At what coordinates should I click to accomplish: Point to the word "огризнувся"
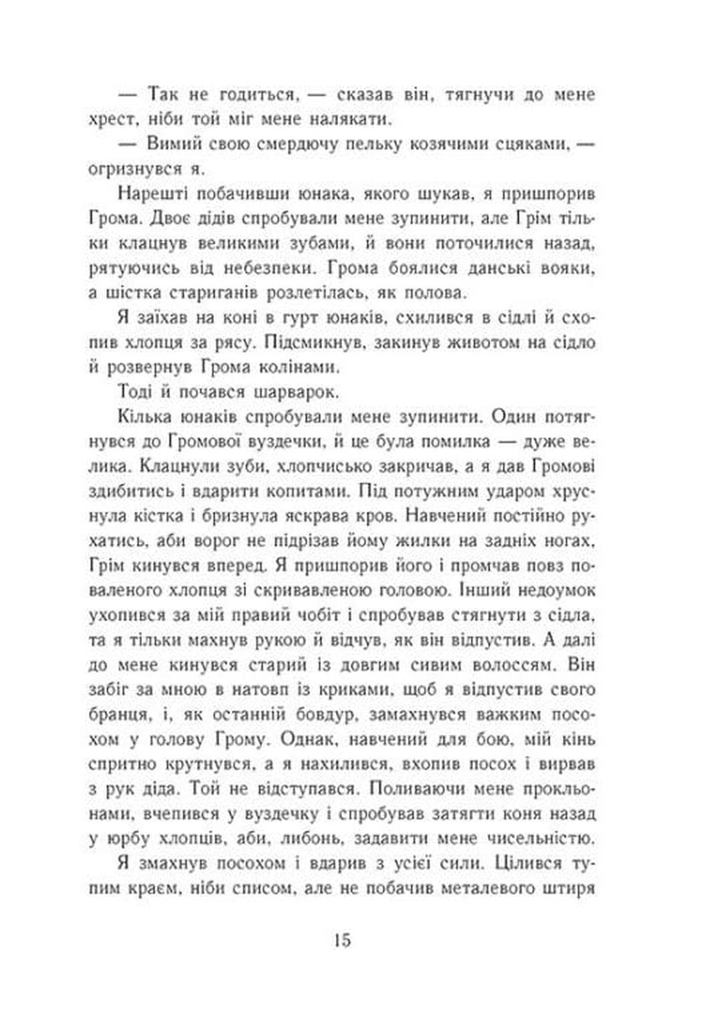pyautogui.click(x=130, y=169)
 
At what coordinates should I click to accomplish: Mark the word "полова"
pyautogui.click(x=434, y=293)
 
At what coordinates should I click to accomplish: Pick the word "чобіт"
pyautogui.click(x=322, y=615)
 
